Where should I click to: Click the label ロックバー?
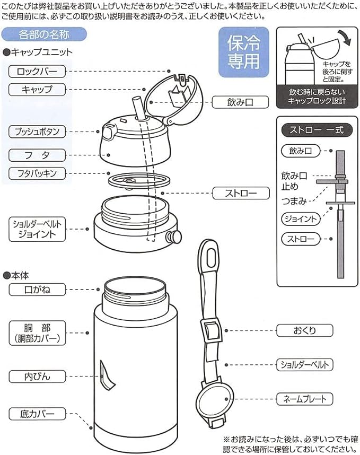tap(37, 71)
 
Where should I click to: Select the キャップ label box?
tap(37, 89)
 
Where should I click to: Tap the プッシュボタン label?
tap(37, 130)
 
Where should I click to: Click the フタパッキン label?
tap(37, 173)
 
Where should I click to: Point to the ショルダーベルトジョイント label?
tap(37, 229)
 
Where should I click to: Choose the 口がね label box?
tap(37, 290)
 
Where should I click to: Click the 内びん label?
tap(37, 377)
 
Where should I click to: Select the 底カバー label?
tap(37, 414)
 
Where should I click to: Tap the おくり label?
tap(304, 330)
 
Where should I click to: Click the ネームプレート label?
tap(304, 398)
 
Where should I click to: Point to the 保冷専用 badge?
tap(244, 52)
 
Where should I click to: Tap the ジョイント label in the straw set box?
tap(301, 218)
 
